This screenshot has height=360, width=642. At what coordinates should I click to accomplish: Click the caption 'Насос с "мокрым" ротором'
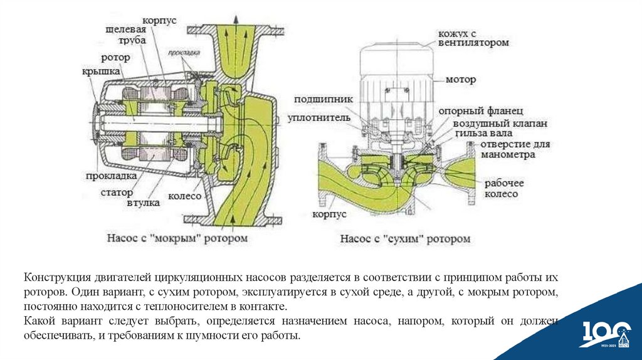point(177,238)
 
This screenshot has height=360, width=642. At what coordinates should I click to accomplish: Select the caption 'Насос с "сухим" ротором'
point(405,239)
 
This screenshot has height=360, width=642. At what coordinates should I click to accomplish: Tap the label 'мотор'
point(461,80)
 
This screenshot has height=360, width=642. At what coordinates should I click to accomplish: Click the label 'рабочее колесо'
point(503,189)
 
